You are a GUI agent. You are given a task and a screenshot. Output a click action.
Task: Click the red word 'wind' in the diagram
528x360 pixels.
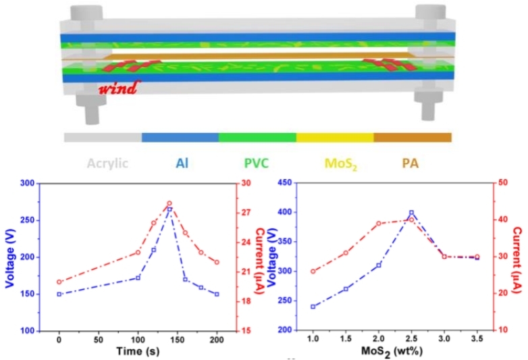click(120, 87)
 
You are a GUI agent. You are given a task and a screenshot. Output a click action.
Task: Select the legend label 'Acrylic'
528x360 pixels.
click(107, 163)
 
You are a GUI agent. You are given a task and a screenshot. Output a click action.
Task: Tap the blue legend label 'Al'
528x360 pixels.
click(182, 163)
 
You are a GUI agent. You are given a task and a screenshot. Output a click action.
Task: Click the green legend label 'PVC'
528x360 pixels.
click(257, 163)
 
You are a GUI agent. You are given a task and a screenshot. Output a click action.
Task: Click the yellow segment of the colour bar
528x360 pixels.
click(335, 137)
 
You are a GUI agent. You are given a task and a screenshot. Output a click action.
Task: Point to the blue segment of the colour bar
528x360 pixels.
click(180, 137)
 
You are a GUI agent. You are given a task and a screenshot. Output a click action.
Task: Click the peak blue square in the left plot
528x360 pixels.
click(169, 209)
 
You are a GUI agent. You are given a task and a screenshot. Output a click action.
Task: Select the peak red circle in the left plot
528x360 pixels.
click(169, 203)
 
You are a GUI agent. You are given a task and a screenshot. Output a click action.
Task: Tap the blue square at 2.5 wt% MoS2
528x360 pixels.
click(411, 213)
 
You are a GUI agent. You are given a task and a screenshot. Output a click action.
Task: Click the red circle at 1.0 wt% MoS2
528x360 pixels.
click(313, 272)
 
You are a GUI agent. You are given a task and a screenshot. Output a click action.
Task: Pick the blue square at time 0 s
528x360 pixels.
click(59, 294)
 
